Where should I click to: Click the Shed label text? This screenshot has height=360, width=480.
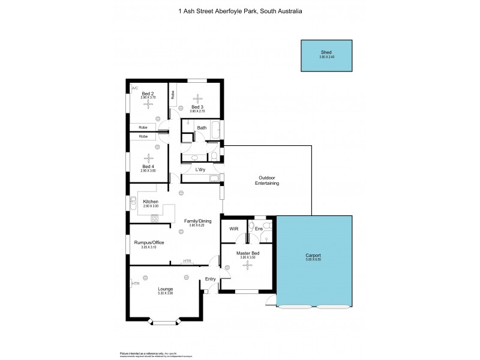326,52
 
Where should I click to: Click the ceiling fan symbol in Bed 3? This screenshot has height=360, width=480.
197,101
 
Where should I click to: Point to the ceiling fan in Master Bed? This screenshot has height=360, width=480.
245,266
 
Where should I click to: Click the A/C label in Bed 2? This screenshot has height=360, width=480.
134,88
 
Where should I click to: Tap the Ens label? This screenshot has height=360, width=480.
259,229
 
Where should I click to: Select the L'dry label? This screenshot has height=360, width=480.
200,170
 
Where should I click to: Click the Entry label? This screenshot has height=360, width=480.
210,279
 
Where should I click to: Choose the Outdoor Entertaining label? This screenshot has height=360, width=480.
268,180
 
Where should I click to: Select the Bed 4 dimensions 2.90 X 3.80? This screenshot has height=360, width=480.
148,171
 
